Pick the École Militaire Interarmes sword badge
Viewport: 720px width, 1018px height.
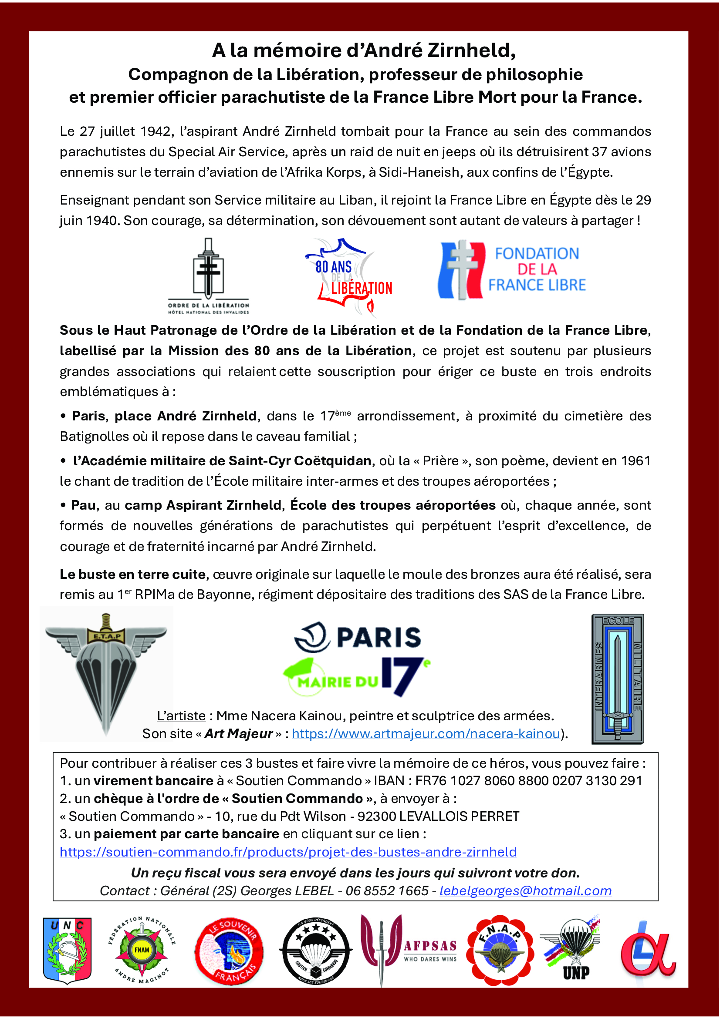[618, 679]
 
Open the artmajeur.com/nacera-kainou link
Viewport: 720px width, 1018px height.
[426, 734]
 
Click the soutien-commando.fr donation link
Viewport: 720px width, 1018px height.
[288, 852]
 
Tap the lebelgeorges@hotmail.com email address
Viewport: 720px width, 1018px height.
[525, 891]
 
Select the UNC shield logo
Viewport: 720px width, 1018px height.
[68, 950]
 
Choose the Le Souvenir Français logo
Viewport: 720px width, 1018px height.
[230, 951]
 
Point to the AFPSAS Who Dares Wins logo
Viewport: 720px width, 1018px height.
[408, 950]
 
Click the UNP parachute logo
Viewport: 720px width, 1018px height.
[572, 948]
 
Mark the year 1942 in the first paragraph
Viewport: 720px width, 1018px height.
[155, 131]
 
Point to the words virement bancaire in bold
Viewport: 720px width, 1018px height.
[153, 780]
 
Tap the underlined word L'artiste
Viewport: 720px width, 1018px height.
[181, 716]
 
